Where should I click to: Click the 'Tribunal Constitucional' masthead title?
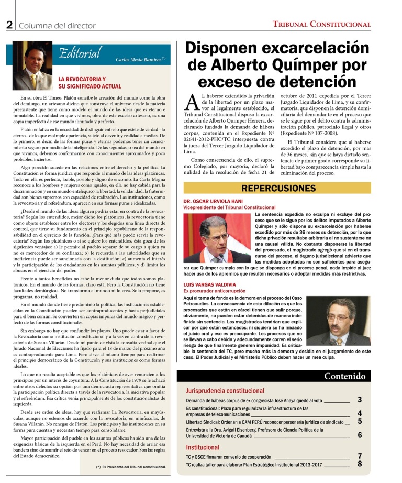[x=321, y=24]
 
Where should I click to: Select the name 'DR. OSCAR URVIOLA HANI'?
[x=213, y=201]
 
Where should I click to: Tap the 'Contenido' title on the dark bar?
[x=344, y=376]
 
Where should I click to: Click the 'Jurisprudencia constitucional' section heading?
[x=225, y=390]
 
